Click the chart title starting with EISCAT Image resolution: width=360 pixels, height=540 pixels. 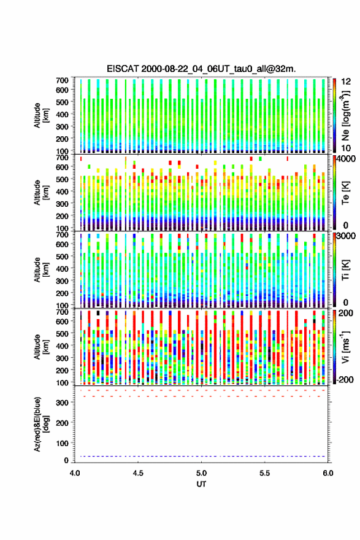point(201,69)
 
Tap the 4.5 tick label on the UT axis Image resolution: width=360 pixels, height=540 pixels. point(138,473)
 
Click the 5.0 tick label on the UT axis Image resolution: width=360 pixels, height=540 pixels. point(201,473)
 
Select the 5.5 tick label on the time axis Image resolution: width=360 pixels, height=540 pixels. point(265,473)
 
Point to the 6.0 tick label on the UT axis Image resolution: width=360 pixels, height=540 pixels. point(328,473)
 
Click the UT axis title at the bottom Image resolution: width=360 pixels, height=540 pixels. point(201,484)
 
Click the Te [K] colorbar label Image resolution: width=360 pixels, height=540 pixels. point(345,193)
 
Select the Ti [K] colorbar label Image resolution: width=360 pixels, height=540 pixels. point(345,270)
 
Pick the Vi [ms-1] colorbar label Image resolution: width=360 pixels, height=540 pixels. point(345,347)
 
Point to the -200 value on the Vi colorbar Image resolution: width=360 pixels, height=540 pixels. point(345,379)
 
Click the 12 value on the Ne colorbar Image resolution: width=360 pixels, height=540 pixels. point(346,82)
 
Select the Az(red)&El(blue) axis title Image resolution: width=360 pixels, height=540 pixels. point(41,424)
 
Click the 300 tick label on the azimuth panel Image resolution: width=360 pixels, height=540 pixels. point(63,403)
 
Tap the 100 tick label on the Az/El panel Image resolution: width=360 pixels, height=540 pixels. point(63,443)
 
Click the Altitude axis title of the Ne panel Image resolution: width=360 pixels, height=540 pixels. point(41,115)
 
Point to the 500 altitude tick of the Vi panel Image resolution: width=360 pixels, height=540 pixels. point(63,333)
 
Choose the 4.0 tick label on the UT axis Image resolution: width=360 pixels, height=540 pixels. point(75,473)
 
